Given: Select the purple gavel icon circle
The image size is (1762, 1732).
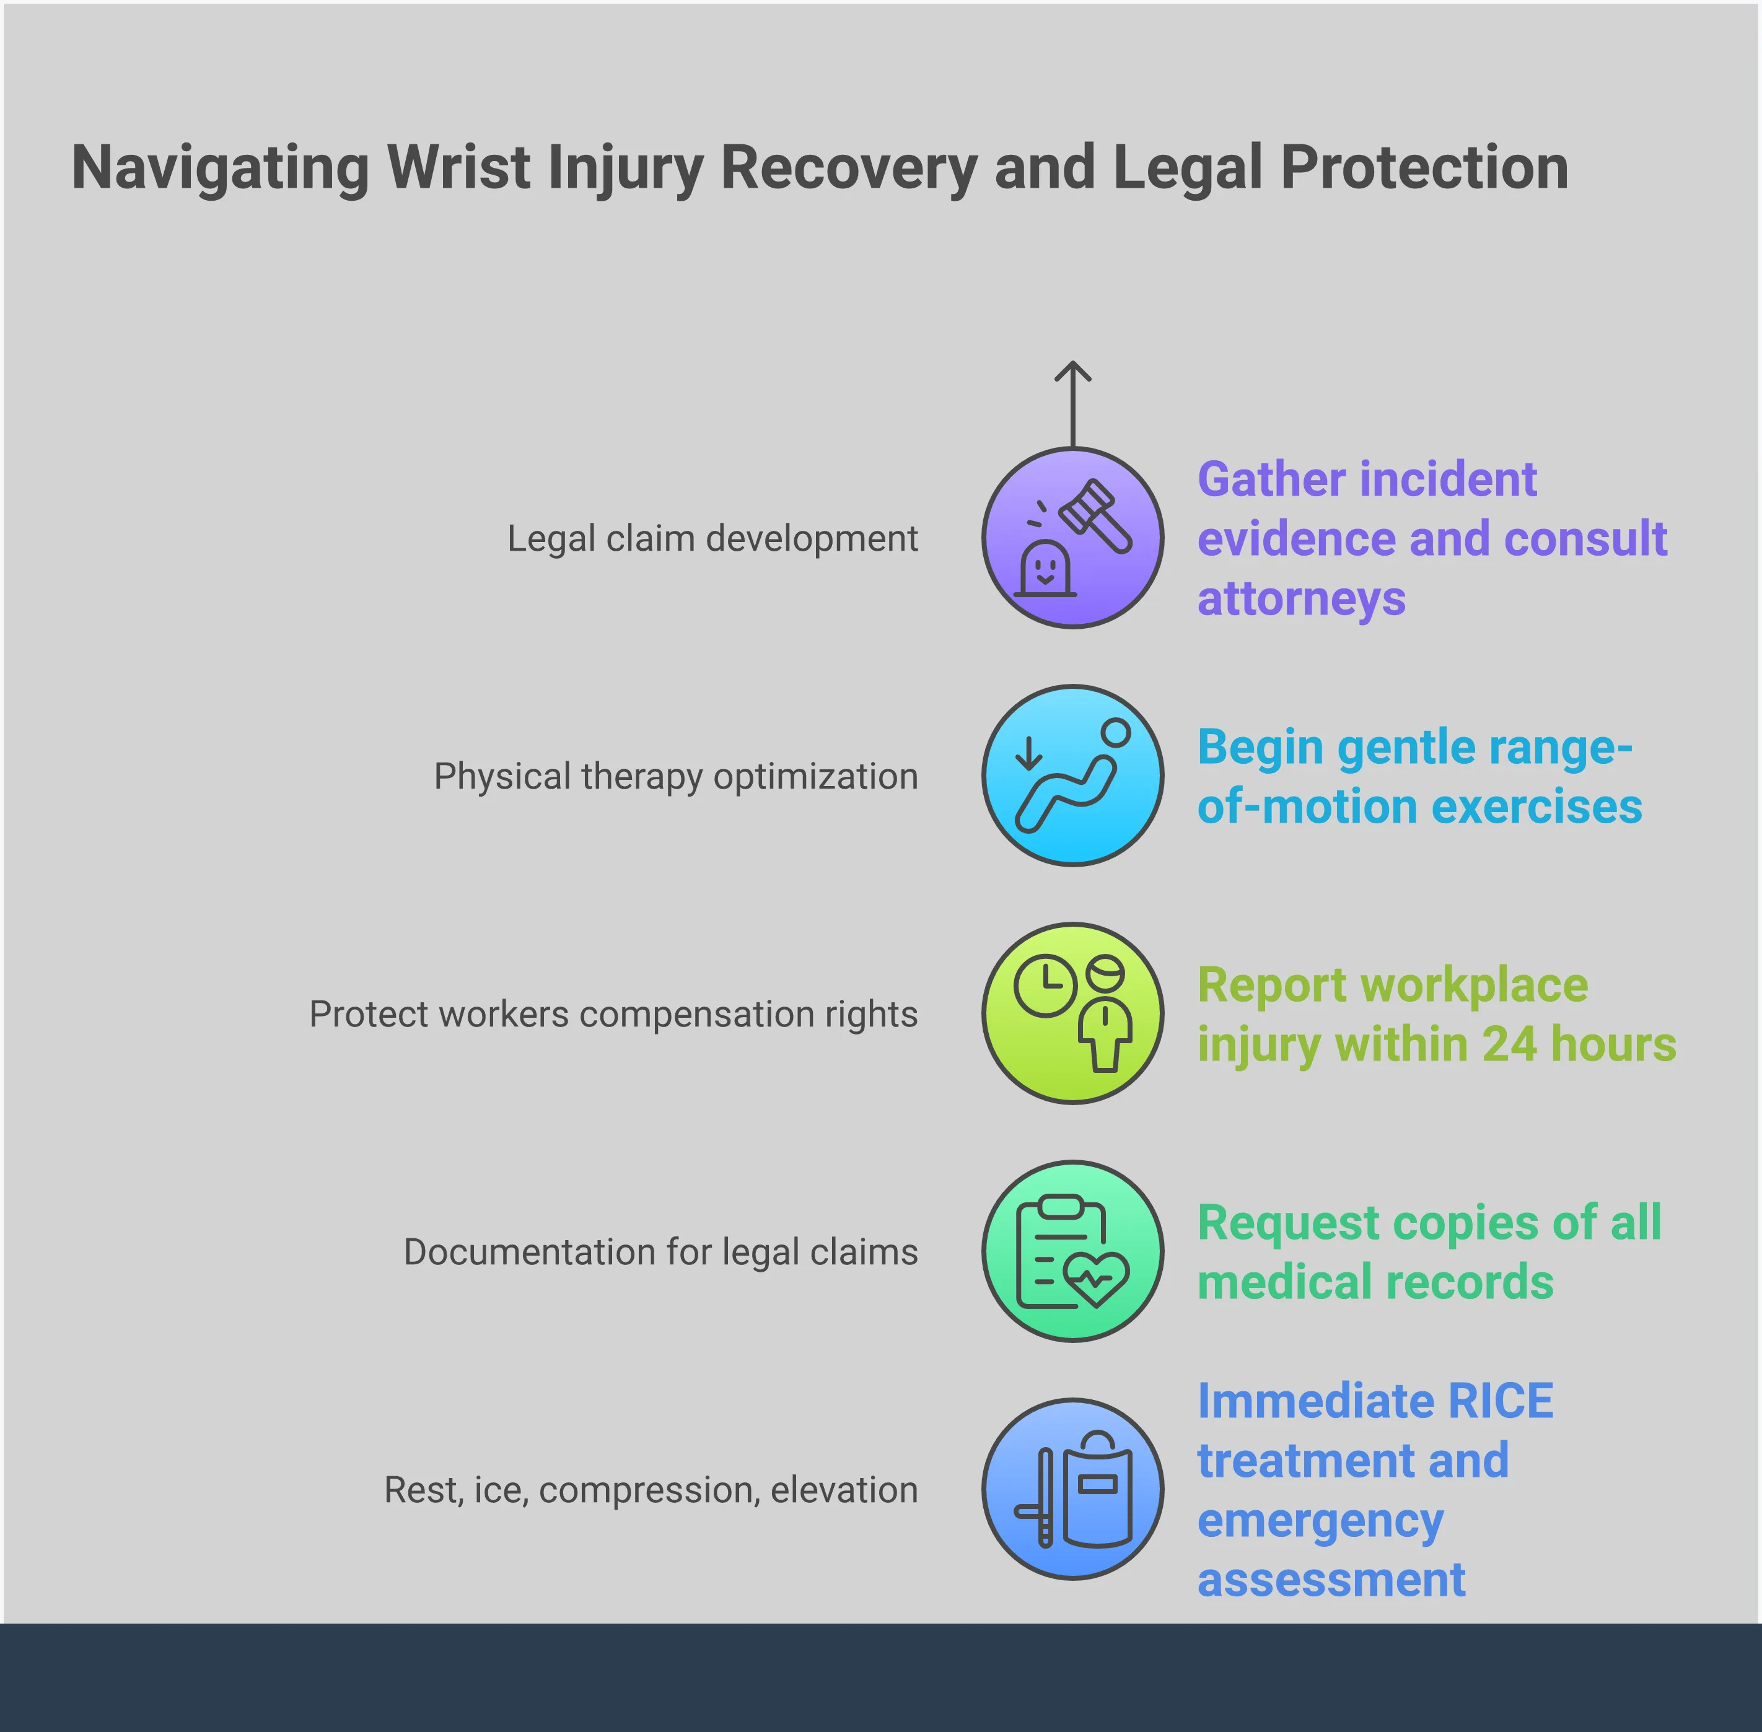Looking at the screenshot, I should tap(1072, 538).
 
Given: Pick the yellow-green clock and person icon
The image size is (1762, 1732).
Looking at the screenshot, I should tap(1072, 1013).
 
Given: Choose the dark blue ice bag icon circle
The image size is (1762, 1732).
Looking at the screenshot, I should tap(1072, 1489).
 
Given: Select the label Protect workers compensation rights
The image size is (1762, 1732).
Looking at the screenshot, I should tap(613, 1014).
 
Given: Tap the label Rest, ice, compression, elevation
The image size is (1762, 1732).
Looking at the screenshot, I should tap(651, 1490).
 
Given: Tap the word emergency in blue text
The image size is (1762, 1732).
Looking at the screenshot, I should tap(1320, 1521).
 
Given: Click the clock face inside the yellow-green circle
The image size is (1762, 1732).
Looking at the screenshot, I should tap(1045, 985).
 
